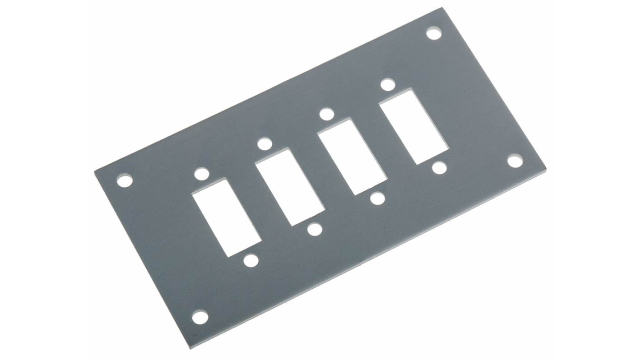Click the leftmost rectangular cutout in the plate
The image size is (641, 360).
(x=227, y=217)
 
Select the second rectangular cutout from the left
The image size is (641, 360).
(x=289, y=187)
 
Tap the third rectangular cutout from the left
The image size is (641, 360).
(x=352, y=157)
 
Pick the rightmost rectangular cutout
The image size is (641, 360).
(x=413, y=127)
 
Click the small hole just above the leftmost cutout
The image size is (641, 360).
(x=201, y=174)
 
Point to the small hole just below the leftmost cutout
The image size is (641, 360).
(x=251, y=260)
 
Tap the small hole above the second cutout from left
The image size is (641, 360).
(x=265, y=144)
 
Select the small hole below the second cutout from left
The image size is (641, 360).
(x=315, y=229)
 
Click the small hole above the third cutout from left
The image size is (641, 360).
(x=327, y=114)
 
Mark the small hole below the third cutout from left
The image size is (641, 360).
(x=377, y=198)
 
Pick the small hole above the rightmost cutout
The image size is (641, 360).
(x=388, y=84)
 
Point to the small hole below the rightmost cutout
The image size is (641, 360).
(x=439, y=168)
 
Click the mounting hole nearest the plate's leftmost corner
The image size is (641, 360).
(x=125, y=181)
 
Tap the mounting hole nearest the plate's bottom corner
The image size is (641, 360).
(x=200, y=317)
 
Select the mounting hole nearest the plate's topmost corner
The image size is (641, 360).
(x=434, y=33)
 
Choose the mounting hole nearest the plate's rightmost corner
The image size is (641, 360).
(x=515, y=161)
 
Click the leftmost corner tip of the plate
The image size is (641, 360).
(x=95, y=172)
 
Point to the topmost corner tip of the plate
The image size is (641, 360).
(x=441, y=8)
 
